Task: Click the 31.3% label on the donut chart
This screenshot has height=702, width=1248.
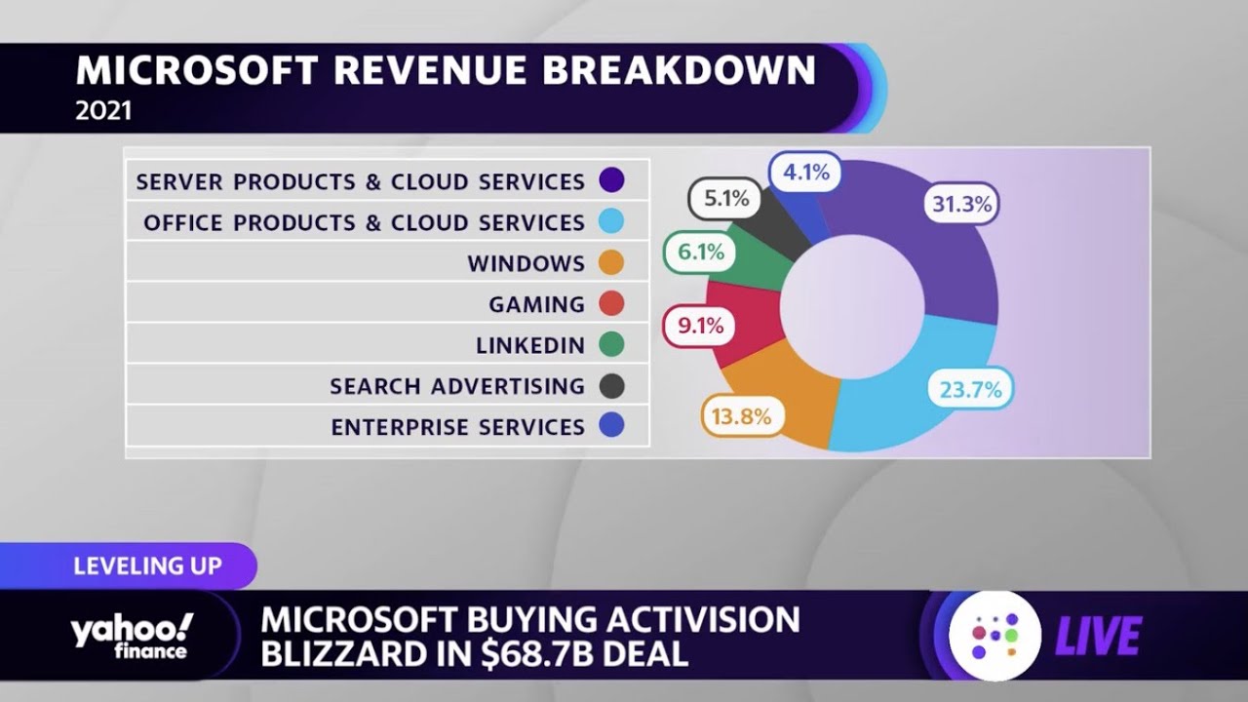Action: click(x=960, y=205)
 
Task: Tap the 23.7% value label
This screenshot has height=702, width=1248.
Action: click(x=970, y=390)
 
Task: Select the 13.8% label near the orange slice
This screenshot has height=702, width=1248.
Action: click(x=742, y=417)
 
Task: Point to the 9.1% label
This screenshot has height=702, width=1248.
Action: click(x=700, y=326)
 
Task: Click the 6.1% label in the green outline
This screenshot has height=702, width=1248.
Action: click(x=701, y=253)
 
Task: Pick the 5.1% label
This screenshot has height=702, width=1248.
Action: click(x=726, y=199)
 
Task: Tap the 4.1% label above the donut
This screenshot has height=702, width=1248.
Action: click(x=805, y=173)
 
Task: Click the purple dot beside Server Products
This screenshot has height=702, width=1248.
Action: click(x=611, y=181)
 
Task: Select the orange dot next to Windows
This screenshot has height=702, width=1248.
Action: click(x=611, y=263)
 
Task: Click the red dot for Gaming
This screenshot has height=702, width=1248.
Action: click(x=611, y=304)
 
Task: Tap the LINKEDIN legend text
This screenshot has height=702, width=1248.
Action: click(x=530, y=345)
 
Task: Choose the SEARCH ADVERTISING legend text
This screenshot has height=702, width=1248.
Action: click(x=457, y=386)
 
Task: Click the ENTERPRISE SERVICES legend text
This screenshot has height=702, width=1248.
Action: click(x=457, y=427)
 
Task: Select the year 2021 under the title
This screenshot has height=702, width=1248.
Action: click(x=103, y=111)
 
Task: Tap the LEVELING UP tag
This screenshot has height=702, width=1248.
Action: click(x=148, y=565)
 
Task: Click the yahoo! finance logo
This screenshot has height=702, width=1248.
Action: click(x=131, y=637)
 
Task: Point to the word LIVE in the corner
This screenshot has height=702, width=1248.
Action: click(x=1098, y=637)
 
